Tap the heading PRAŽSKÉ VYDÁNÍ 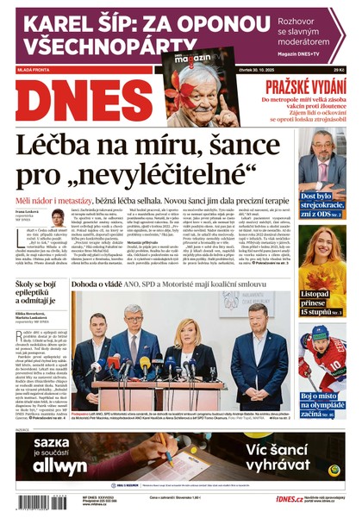pos(304,86)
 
